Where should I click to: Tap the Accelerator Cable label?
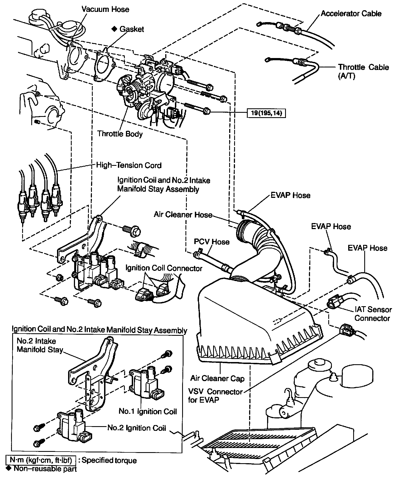point(351,14)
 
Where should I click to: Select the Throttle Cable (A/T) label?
point(363,71)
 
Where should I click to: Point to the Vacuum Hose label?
point(105,9)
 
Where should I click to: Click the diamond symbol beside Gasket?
point(114,29)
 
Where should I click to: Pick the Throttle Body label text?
point(120,134)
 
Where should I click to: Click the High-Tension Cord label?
point(129,165)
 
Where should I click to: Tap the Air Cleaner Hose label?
point(183,215)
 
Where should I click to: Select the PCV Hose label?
point(212,242)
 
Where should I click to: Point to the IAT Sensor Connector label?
point(373,314)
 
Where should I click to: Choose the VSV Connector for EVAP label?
point(215,395)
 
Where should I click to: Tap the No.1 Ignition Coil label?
point(148,411)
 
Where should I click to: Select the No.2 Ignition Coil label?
point(136,428)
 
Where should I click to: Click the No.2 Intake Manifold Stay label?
point(40,345)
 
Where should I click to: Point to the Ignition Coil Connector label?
point(164,268)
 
